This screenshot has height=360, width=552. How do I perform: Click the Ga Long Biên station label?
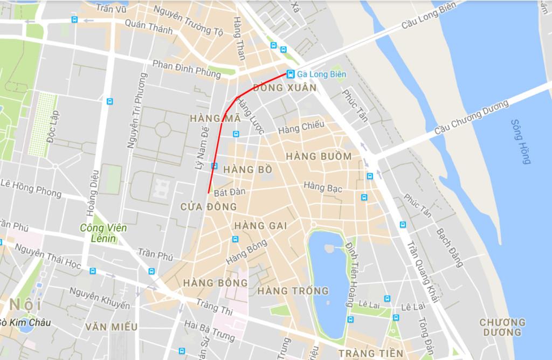coord(322,74)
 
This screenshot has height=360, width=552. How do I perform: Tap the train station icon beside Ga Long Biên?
coord(291,74)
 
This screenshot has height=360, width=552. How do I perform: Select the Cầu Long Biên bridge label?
coord(429,16)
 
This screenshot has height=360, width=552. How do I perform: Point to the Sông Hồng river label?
coord(521,141)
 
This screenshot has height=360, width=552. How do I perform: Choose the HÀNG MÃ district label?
coord(215,119)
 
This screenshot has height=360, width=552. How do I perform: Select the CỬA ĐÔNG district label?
coord(209,206)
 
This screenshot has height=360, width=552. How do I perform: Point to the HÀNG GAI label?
coord(261,226)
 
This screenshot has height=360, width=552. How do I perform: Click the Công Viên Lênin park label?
coord(103,233)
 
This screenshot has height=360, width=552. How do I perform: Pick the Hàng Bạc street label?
coord(323,187)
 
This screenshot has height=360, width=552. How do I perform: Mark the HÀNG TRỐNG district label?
coord(293,291)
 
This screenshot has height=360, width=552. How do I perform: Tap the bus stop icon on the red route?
coord(215,165)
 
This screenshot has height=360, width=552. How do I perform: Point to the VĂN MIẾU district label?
coord(111,327)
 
